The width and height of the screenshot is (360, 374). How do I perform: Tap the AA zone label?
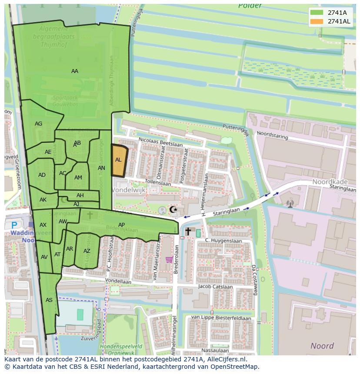(75, 71)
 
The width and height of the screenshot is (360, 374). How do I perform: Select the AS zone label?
(49, 300)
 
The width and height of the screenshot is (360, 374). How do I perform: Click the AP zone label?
(122, 225)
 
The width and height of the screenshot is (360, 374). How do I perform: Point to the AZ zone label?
(87, 251)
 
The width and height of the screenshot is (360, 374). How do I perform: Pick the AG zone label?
(39, 124)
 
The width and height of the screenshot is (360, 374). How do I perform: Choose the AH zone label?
(80, 195)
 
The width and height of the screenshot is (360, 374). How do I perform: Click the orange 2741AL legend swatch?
(317, 21)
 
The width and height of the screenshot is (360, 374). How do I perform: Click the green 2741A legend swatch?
(317, 13)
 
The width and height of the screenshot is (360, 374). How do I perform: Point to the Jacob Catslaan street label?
(213, 286)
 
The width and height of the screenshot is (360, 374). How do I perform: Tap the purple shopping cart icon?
(169, 259)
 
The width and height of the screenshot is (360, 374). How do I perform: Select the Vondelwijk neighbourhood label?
(129, 190)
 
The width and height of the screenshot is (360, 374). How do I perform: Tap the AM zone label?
(78, 178)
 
